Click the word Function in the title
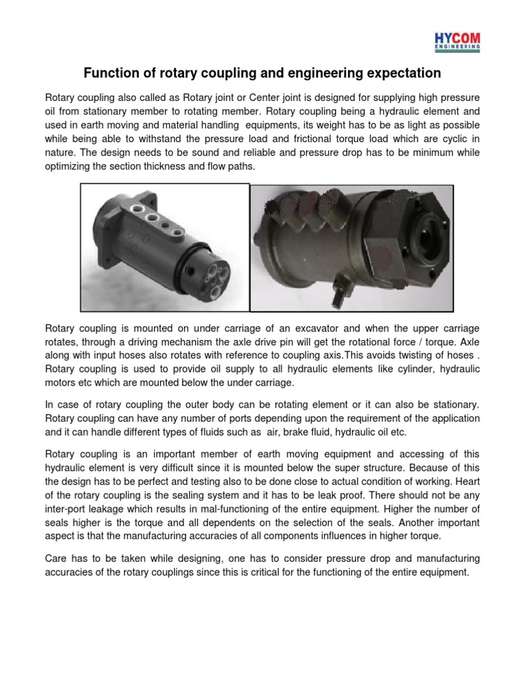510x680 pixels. tap(109, 72)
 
